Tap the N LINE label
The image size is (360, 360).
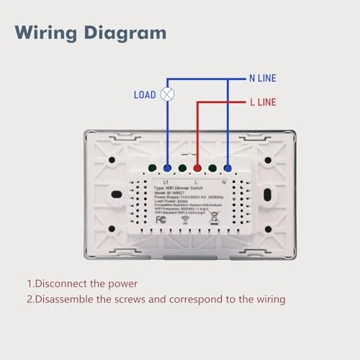click(x=262, y=78)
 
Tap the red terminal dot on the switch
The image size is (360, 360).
click(x=197, y=170)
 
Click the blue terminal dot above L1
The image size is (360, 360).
click(x=167, y=170)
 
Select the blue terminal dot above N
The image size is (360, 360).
click(x=228, y=170)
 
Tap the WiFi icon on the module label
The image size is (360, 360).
click(x=187, y=222)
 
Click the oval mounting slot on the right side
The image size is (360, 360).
click(x=267, y=195)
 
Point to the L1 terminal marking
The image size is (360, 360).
click(x=166, y=181)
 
